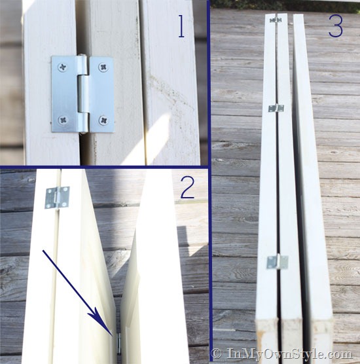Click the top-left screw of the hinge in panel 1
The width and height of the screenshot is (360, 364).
click(63, 67)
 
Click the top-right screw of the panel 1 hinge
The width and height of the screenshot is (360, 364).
click(103, 67)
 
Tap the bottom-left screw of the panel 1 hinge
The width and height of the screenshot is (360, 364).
click(63, 120)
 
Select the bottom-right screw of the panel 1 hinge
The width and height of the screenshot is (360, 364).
click(103, 120)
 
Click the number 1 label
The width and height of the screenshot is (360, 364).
click(181, 26)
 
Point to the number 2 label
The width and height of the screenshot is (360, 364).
click(188, 189)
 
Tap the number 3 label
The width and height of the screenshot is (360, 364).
click(336, 27)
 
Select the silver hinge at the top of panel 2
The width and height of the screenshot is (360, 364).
click(58, 197)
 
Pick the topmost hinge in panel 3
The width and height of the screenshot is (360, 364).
click(276, 20)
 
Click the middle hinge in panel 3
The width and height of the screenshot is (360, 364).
click(276, 108)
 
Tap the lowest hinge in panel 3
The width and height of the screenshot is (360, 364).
click(277, 262)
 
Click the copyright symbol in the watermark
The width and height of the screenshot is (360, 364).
click(217, 354)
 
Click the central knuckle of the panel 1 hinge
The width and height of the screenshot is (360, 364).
click(83, 94)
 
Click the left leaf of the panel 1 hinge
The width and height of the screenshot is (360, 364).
click(65, 94)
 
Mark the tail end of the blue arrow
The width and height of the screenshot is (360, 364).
click(43, 250)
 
